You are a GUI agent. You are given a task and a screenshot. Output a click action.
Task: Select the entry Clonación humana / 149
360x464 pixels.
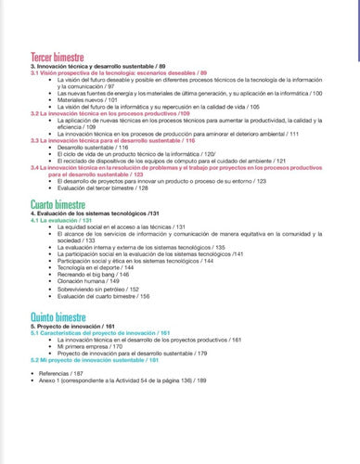point(88,282)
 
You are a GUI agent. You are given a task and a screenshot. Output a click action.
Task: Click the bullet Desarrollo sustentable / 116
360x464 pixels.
point(93,147)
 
